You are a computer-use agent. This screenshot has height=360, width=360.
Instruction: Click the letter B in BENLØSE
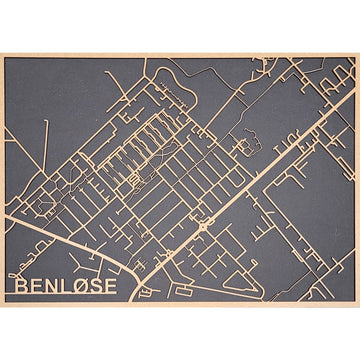pyautogui.click(x=22, y=286)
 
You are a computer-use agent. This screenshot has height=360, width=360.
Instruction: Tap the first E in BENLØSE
pyautogui.click(x=39, y=286)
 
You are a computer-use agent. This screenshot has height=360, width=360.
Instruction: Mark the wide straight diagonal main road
pyautogui.click(x=270, y=170)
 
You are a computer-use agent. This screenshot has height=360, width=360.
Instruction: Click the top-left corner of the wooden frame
pyautogui.click(x=2, y=55)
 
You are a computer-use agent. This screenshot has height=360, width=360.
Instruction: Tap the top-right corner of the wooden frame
pyautogui.click(x=357, y=55)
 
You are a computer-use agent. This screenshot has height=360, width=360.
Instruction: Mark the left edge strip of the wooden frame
pyautogui.click(x=2, y=180)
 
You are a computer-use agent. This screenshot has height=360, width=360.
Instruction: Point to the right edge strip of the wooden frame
pyautogui.click(x=357, y=180)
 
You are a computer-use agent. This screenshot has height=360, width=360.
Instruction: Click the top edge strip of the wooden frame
pyautogui.click(x=180, y=55)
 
